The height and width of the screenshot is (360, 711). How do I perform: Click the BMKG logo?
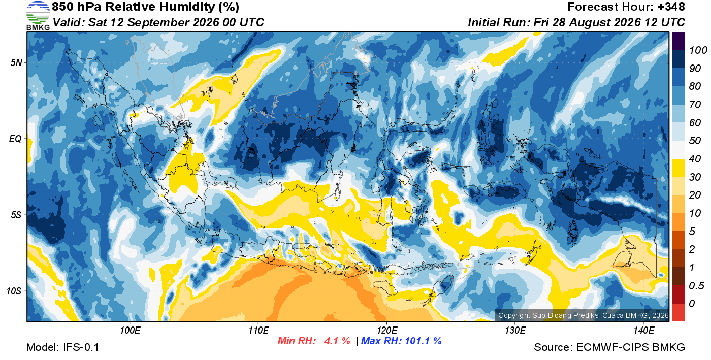38,16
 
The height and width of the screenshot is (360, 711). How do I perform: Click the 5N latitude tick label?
16,62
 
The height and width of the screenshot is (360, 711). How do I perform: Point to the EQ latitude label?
16,139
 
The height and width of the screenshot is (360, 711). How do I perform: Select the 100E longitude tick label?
130,330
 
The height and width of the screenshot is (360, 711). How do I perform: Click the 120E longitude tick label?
386,330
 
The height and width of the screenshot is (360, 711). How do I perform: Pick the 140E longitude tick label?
643,330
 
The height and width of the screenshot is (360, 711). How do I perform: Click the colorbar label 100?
698,50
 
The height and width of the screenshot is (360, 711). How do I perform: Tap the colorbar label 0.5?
696,286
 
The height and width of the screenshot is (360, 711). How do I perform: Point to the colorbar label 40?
695,159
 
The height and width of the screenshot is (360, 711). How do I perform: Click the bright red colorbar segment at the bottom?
678,312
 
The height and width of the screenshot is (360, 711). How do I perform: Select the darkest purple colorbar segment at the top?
678,41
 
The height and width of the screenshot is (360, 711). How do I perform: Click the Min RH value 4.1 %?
337,341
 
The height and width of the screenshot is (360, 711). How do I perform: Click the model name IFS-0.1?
81,347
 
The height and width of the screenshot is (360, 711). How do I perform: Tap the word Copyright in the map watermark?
514,315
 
